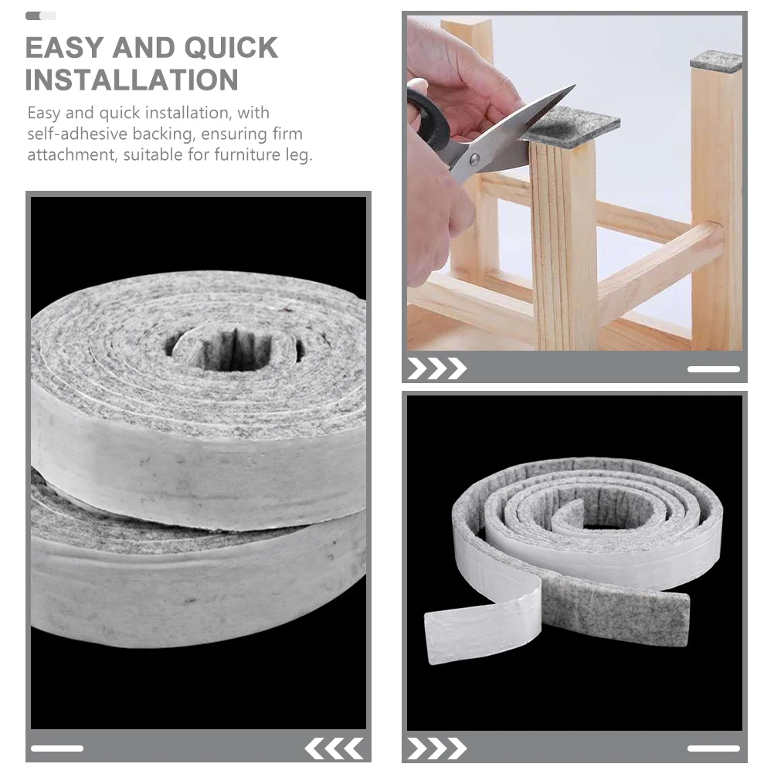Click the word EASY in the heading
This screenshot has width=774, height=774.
point(64,48)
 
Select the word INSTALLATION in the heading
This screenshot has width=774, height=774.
point(131,80)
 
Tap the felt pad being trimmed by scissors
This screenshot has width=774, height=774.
point(572,127)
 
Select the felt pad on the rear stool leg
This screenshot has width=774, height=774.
point(716,61)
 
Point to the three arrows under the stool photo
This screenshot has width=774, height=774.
point(436,369)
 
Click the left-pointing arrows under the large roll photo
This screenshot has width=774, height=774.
point(334,748)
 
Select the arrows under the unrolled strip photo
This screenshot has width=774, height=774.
point(436,748)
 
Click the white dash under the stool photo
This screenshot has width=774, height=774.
point(713,369)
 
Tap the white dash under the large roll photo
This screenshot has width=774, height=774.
point(57,748)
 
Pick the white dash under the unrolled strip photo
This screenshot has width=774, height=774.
point(713,748)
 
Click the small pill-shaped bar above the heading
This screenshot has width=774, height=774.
point(41,15)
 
